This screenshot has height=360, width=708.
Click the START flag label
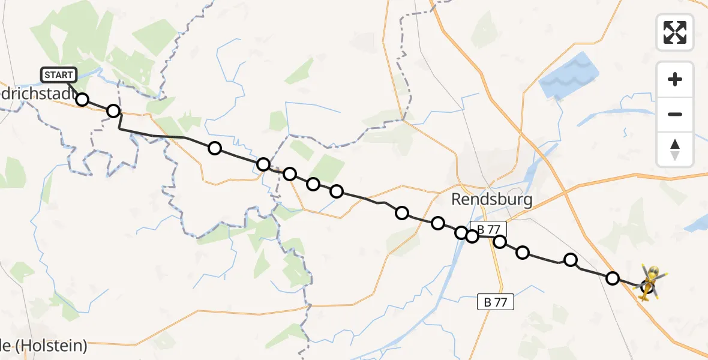point(59,75)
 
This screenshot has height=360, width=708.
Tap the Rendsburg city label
point(491,199)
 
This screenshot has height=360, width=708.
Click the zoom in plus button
point(675,79)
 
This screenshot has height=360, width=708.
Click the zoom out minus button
point(675,114)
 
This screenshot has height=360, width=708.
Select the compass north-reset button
point(675,149)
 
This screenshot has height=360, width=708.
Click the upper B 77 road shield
point(488,229)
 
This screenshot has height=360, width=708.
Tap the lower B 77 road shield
point(496,302)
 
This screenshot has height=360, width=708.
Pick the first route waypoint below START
point(82,100)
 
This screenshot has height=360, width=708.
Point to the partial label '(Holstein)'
point(51,346)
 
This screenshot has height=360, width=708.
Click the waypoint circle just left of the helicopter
point(613,278)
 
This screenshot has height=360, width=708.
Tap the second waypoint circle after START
point(113,111)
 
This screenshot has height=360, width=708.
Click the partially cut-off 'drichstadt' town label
point(36,97)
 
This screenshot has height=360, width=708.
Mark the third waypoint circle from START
point(214,148)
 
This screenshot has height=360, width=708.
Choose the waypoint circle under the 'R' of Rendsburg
point(461,233)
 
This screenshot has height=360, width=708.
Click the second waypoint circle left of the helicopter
point(571,260)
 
